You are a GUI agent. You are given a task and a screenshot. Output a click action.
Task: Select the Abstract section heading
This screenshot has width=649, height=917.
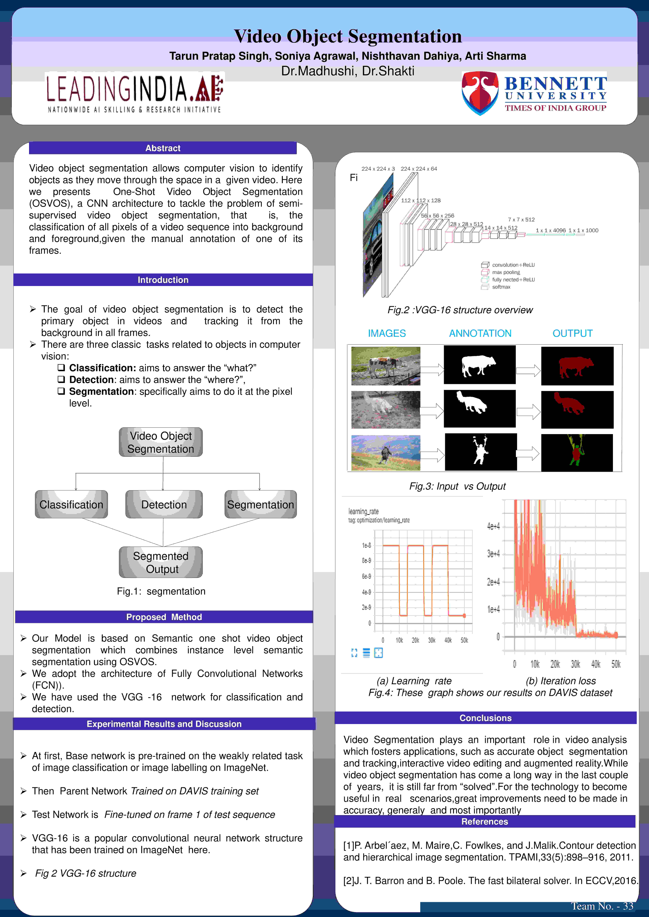coord(163,148)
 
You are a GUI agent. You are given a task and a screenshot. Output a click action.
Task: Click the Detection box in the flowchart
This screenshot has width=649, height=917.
coord(164,504)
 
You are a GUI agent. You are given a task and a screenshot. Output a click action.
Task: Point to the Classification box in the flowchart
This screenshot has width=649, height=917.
coord(71,504)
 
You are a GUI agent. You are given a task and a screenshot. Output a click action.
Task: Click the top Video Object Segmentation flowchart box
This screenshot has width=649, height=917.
coord(161,442)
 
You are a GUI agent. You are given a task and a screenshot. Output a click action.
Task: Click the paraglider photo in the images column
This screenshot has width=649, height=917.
coord(386,453)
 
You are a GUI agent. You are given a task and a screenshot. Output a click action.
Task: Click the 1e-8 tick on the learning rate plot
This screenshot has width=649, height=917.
coord(366,545)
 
